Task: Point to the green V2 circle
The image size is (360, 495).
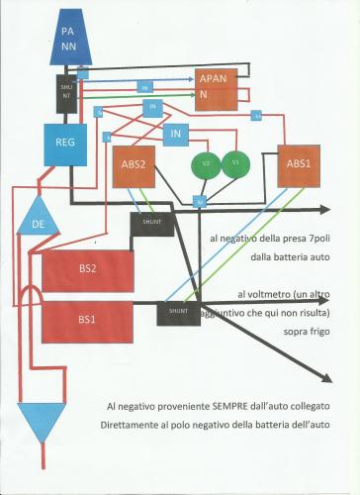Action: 207,162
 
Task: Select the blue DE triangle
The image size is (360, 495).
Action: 38,224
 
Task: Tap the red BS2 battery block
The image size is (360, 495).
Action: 88,270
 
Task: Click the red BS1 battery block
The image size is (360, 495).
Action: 88,321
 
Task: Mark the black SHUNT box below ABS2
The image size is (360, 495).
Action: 150,223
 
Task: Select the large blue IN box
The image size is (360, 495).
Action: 178,133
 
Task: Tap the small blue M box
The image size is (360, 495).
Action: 200,202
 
